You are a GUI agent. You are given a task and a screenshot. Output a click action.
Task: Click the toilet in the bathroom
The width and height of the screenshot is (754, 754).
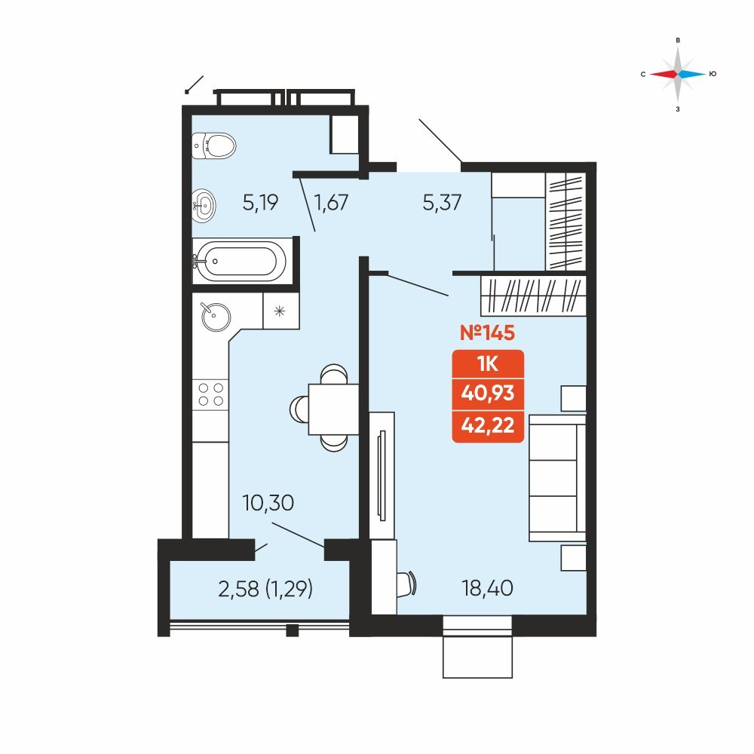[x=214, y=146]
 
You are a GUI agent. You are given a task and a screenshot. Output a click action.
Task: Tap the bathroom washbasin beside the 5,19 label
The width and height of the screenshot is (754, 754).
[x=204, y=206]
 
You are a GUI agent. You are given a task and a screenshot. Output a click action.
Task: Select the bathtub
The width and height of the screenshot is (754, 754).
[x=240, y=261]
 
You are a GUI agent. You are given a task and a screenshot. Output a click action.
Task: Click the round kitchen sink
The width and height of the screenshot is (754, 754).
[x=216, y=317]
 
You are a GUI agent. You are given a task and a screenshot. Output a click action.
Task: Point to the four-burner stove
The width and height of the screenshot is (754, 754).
[x=210, y=394]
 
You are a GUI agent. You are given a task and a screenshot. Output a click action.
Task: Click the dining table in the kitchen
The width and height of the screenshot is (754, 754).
[x=333, y=409]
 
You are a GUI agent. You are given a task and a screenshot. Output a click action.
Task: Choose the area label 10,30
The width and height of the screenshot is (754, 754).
[x=268, y=503]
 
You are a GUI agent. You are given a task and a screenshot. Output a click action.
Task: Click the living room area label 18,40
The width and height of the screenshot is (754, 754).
[x=487, y=588]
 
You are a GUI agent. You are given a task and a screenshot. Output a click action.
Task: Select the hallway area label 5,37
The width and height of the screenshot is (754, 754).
[x=442, y=202]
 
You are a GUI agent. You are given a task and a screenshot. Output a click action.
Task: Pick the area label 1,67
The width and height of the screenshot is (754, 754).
[x=331, y=202]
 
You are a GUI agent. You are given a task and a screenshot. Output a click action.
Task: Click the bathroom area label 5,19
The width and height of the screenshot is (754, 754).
[x=260, y=202]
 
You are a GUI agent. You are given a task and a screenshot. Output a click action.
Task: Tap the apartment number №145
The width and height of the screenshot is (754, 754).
[x=487, y=333]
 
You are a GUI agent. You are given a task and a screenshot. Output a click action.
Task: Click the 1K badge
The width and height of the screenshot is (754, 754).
[x=488, y=364]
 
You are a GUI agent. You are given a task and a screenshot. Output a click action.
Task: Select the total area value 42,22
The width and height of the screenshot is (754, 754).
[x=488, y=425]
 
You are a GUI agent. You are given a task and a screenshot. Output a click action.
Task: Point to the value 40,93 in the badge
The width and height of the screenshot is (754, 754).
[x=488, y=394]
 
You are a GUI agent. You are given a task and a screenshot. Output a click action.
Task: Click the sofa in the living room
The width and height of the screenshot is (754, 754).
[x=557, y=478]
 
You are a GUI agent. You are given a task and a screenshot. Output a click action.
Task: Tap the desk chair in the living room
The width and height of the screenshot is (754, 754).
[x=407, y=584]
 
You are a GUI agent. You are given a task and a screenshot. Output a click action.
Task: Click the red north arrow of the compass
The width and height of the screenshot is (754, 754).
[x=663, y=74]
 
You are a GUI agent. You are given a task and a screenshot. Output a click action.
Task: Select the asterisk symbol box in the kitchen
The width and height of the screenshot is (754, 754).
[x=280, y=311]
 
